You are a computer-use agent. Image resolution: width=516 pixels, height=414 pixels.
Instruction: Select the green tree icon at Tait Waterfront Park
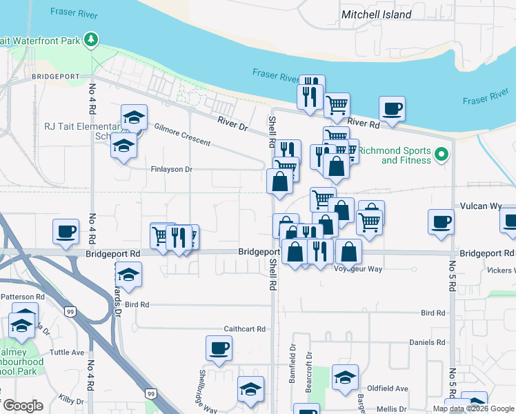pos(90,40)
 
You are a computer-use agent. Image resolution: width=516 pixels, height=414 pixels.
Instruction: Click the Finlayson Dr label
pos(171,169)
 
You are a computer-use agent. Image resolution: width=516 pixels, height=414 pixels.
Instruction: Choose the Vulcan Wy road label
pos(482,206)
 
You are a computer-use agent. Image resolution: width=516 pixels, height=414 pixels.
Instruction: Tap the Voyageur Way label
pos(357,269)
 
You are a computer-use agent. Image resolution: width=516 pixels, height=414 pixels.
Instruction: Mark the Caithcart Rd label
pos(244,329)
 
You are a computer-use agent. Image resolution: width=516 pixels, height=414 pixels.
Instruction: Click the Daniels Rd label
pos(427,342)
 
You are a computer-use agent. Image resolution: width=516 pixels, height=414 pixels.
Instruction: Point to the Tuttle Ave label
pos(68,352)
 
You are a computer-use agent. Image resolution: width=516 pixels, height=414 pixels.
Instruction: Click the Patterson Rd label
pos(22,297)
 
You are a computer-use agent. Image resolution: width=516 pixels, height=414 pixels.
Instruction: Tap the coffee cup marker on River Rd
pos(392,109)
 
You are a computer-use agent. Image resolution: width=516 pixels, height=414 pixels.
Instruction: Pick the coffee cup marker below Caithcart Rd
pos(219,348)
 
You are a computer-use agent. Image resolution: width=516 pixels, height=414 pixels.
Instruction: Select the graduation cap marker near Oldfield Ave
pos(345,377)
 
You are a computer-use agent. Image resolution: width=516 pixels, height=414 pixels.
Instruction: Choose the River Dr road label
pos(232,125)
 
